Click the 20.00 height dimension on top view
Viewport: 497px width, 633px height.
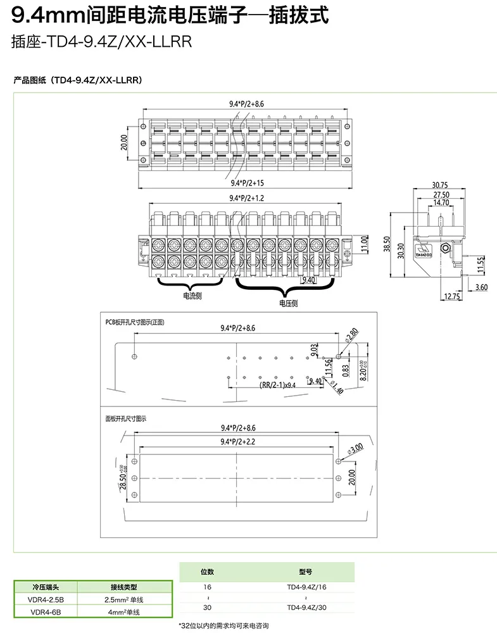[x=124, y=142]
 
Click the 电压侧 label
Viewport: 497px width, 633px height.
[x=288, y=303]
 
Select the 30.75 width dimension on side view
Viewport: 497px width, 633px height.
[x=439, y=185]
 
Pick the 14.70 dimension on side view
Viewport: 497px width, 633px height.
[x=441, y=203]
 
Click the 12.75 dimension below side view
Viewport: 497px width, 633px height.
[x=452, y=296]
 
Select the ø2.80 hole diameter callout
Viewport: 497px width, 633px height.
[x=352, y=334]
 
